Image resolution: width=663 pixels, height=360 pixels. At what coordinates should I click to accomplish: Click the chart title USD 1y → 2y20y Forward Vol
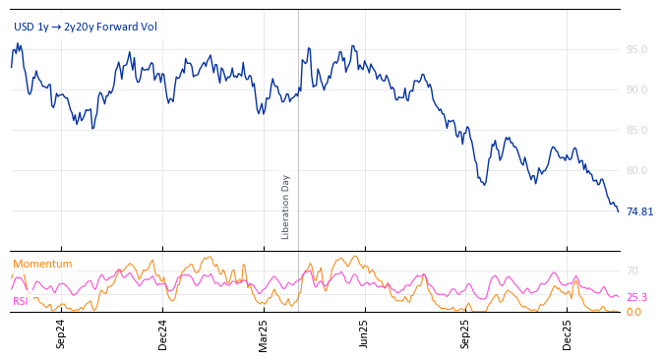(85, 27)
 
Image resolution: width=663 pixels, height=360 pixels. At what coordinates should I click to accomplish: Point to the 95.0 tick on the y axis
(636, 49)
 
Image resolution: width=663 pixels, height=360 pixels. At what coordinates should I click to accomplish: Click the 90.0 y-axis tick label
(636, 90)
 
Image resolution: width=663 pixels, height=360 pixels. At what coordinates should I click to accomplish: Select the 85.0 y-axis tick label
(636, 130)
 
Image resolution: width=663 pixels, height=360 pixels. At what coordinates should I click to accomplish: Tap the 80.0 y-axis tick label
(636, 170)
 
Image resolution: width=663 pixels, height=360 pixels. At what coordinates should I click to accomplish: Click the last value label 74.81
(639, 211)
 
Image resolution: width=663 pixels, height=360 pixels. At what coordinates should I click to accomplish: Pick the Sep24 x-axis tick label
(61, 334)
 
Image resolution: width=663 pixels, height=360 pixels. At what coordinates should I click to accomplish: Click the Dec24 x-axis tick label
(162, 334)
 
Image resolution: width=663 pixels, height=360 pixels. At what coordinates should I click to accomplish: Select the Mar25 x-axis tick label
(264, 334)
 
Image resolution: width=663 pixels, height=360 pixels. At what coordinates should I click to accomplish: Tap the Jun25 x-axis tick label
(364, 334)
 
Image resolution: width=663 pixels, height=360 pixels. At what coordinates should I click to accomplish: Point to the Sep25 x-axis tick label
(465, 334)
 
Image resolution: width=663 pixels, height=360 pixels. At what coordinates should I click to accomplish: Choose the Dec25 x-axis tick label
(567, 334)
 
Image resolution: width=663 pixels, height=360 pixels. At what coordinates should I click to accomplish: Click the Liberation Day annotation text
(286, 207)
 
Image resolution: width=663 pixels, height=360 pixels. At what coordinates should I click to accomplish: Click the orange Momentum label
(42, 264)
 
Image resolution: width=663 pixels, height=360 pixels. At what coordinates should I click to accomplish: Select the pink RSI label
(20, 301)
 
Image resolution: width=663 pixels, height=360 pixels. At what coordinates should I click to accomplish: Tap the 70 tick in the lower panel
(633, 270)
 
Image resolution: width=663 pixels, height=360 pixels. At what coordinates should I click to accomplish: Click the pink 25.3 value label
(636, 297)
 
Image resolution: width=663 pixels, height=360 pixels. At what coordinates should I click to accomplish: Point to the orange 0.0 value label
(633, 312)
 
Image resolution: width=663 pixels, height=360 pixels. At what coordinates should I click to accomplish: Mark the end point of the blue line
(618, 211)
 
